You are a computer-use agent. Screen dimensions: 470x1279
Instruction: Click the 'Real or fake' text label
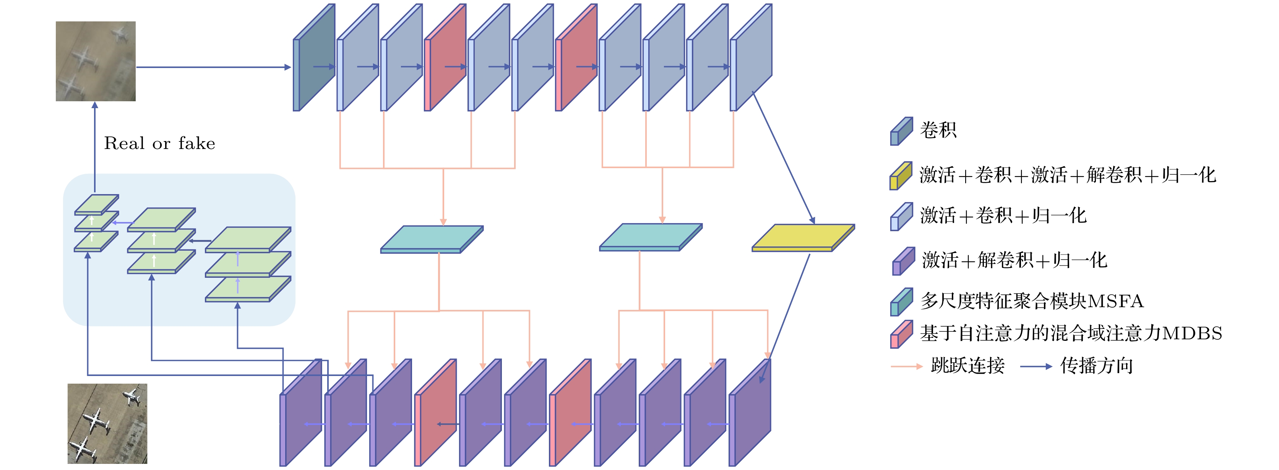[159, 143]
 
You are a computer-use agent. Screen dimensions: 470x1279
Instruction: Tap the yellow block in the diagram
[803, 238]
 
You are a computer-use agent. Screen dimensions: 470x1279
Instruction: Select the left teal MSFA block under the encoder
[432, 239]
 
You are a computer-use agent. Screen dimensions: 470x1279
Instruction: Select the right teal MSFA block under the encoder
[651, 237]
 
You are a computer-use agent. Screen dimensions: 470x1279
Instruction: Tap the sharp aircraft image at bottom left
[107, 423]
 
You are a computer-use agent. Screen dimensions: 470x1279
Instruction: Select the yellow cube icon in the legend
[901, 176]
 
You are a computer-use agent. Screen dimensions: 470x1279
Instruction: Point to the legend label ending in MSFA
[1032, 301]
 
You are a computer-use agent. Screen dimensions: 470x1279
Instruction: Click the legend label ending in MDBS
[1071, 333]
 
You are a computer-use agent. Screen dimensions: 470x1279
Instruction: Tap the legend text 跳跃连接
[967, 366]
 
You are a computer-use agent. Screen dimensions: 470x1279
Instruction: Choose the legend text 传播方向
[1096, 366]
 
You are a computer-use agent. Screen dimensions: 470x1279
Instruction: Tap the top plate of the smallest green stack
[97, 204]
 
